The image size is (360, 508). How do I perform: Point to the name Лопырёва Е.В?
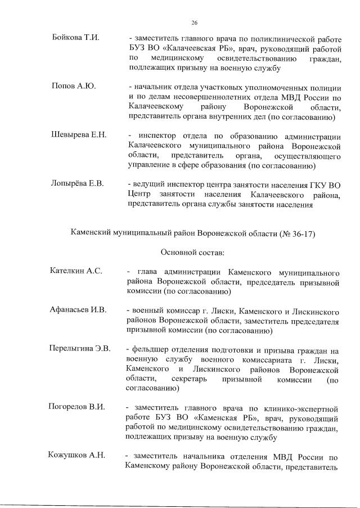coord(78,185)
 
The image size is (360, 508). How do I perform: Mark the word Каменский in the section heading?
coord(93,232)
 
